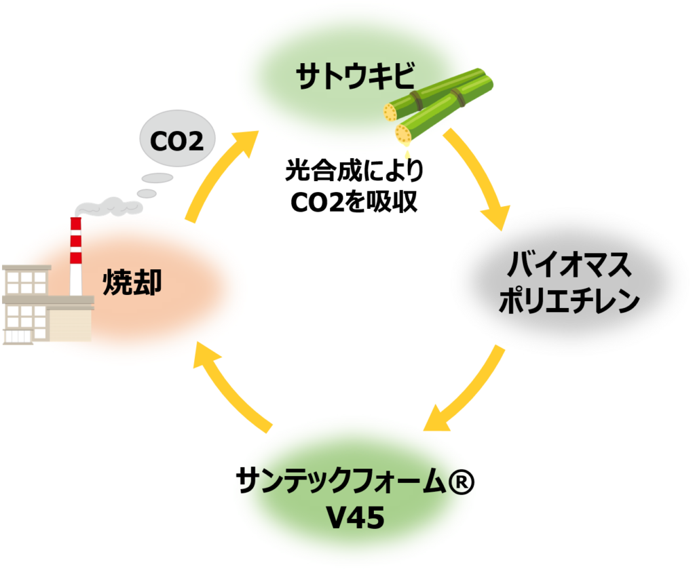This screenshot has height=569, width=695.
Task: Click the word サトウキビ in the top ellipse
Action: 355,77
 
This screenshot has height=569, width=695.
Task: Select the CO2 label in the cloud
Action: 177,142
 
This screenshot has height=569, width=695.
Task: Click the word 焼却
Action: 133,281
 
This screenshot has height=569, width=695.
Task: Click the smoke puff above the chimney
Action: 109,204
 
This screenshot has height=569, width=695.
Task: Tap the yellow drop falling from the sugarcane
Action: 407,155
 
